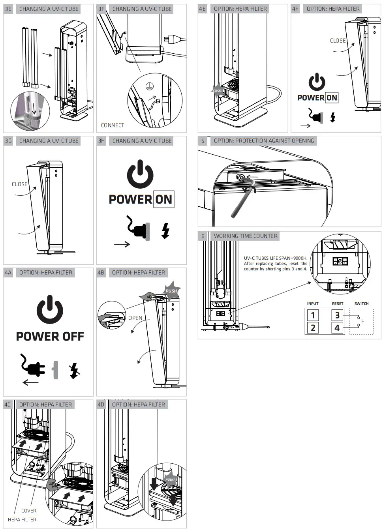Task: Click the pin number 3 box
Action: pos(337,315)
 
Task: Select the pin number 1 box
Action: pos(313,315)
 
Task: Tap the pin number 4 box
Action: pos(337,328)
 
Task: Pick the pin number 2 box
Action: pos(313,328)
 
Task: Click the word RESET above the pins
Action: pos(338,303)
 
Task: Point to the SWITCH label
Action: pos(361,303)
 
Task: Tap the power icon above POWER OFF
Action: pos(50,309)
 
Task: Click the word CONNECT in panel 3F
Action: pos(113,125)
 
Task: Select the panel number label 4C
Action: pos(8,405)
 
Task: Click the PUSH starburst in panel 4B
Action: pos(171,291)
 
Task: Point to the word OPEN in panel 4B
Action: pos(135,318)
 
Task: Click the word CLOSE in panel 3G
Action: pos(20,184)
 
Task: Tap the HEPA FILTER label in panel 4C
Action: pos(22,520)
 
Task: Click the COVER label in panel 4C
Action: pos(29,511)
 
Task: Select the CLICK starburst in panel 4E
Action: pos(217,90)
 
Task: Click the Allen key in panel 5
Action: pos(239,199)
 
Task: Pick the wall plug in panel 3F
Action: pos(173,39)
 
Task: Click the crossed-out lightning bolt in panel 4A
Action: pos(74,371)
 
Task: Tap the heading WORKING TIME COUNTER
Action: pos(246,236)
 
